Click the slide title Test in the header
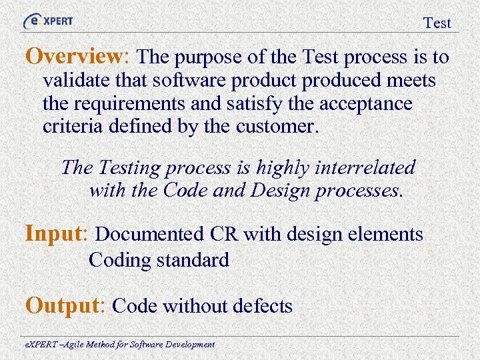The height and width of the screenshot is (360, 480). [437, 23]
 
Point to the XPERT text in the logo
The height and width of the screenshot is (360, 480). [58, 21]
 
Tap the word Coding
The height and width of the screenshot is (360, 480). [120, 260]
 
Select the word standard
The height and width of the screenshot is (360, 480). [193, 259]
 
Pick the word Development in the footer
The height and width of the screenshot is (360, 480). [190, 345]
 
